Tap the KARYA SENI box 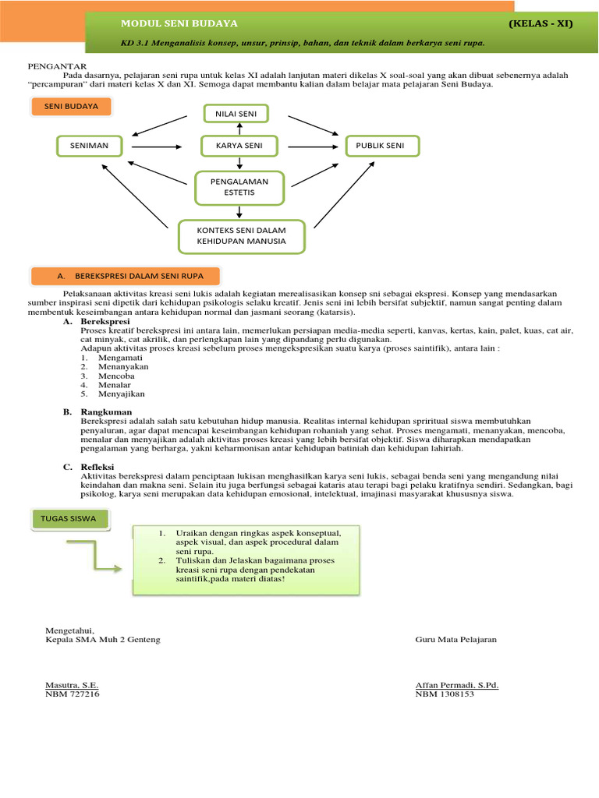click(x=239, y=146)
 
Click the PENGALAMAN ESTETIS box click(x=239, y=187)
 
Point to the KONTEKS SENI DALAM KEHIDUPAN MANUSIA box click(x=241, y=236)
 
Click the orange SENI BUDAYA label click(x=72, y=106)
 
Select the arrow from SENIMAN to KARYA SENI click(x=157, y=146)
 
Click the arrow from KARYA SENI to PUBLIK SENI click(x=311, y=146)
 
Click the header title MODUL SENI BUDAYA click(x=179, y=23)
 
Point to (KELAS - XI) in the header click(x=541, y=23)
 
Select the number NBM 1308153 click(x=445, y=694)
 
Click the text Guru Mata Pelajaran click(x=456, y=639)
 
